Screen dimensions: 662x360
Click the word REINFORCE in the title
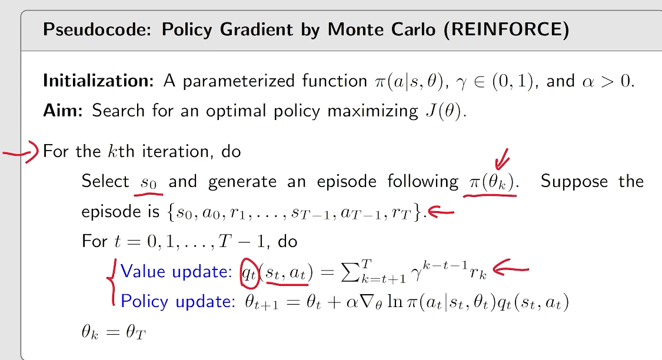click(506, 29)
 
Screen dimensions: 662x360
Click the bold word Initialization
click(98, 81)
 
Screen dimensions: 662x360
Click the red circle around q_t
click(249, 272)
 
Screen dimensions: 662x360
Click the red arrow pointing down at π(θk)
click(503, 159)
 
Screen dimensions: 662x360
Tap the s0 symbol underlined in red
click(149, 183)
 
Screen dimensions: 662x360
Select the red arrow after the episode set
click(441, 212)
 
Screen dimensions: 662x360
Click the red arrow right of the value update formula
click(510, 268)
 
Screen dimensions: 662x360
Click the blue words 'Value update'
click(176, 271)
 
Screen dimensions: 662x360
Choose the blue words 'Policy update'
click(178, 301)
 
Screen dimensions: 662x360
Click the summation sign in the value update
click(350, 272)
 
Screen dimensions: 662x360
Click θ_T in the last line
click(135, 332)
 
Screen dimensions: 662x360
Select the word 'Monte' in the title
click(356, 29)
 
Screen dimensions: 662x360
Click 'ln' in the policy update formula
click(395, 301)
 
